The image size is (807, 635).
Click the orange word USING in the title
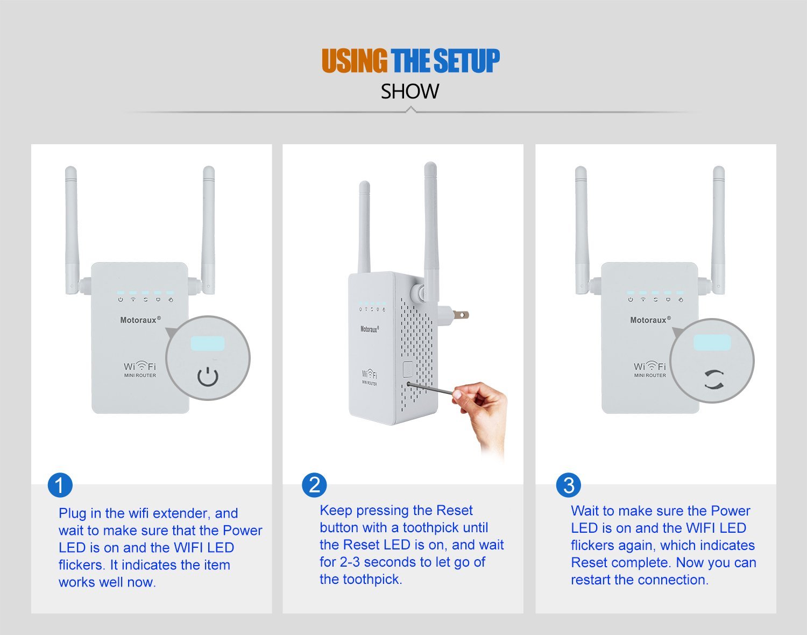click(355, 60)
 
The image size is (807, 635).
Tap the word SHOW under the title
click(410, 91)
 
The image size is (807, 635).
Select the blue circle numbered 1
click(60, 485)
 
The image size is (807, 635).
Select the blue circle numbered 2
click(314, 485)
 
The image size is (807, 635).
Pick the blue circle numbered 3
click(569, 485)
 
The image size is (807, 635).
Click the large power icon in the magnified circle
click(208, 377)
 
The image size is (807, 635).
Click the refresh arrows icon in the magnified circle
click(713, 379)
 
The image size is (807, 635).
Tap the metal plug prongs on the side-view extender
click(461, 314)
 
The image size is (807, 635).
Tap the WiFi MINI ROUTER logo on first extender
click(140, 369)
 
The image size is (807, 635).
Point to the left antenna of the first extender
click(72, 230)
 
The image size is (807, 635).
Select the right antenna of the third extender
click(718, 230)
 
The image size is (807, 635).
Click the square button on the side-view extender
click(408, 369)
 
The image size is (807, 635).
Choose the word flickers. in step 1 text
click(81, 565)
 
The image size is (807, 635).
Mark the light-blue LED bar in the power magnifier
click(208, 343)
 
